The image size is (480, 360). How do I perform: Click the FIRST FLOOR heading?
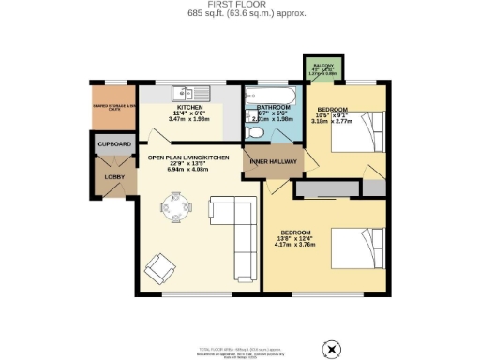click(239, 5)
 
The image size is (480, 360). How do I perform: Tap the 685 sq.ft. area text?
click(239, 14)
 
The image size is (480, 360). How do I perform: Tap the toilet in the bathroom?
click(255, 132)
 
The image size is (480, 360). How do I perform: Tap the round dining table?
click(175, 203)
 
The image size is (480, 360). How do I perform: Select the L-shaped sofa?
click(234, 225)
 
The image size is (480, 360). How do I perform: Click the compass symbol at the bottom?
click(330, 349)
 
